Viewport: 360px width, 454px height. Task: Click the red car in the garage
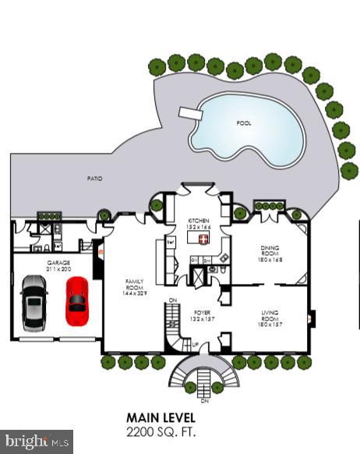[x=76, y=301]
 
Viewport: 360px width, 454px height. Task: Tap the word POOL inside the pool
[x=244, y=123]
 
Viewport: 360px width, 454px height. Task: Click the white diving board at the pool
[x=190, y=113]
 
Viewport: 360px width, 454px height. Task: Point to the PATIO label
[x=94, y=179]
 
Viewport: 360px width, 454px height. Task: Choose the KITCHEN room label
[x=199, y=222]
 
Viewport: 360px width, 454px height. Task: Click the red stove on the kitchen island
[x=204, y=239]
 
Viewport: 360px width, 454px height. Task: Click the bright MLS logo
[x=36, y=442]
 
